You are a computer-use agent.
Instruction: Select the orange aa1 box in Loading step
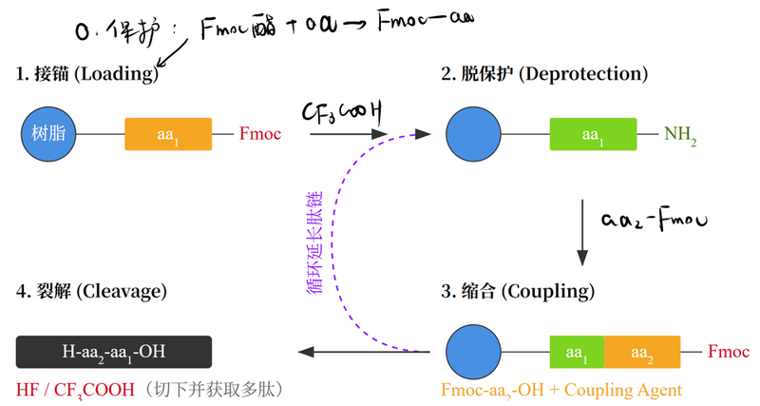coord(168,134)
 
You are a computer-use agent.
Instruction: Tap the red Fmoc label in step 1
coord(260,134)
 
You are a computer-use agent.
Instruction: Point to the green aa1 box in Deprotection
coord(594,134)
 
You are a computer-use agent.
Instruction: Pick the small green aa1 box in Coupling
coord(576,352)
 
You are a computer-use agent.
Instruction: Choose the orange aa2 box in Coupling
coord(642,352)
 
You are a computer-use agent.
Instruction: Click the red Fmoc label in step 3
coord(729,352)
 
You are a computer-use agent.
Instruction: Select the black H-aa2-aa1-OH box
coord(113,352)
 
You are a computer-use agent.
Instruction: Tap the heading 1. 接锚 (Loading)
coord(85,73)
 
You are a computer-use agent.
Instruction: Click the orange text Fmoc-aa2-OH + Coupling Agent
coord(561,390)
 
